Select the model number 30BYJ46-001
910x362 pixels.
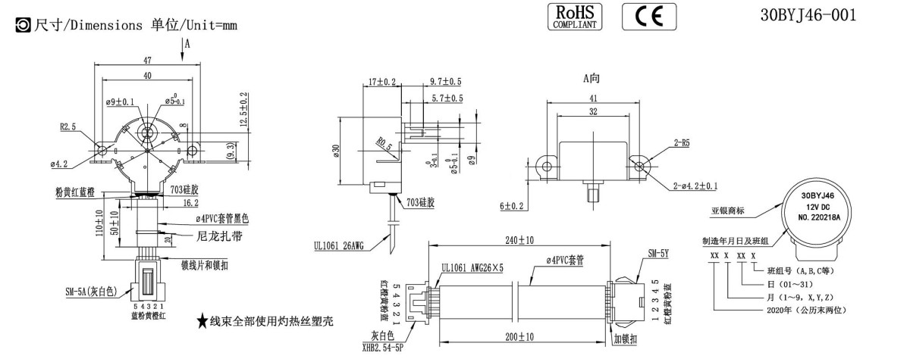pos(809,15)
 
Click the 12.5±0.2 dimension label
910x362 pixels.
pos(243,110)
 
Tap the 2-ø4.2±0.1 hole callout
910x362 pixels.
pos(695,186)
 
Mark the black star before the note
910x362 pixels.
pos(202,322)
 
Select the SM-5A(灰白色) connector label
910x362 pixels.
pos(89,289)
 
